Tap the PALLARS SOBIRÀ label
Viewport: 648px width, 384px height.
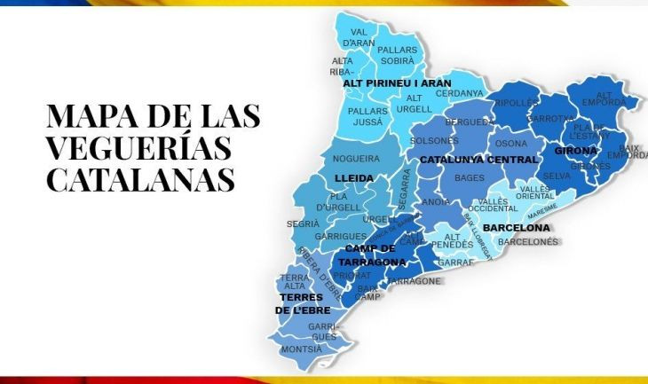point(397,56)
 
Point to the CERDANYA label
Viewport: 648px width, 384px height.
point(459,93)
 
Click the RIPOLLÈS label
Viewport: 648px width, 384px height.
point(517,103)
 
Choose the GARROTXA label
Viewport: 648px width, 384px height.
point(550,118)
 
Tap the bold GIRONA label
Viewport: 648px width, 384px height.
point(576,151)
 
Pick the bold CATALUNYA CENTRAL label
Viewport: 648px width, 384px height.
point(478,160)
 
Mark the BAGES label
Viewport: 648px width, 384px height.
point(469,178)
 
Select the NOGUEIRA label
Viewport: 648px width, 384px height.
point(355,159)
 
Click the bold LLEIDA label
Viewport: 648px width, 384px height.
point(354,178)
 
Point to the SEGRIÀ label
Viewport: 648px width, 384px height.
point(303,224)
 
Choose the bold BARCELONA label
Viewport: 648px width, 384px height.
point(517,228)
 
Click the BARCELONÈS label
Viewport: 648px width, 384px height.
point(528,241)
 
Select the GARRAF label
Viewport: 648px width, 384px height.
point(455,263)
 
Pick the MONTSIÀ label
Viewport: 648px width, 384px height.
point(301,349)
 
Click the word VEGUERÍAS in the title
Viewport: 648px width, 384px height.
point(138,147)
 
